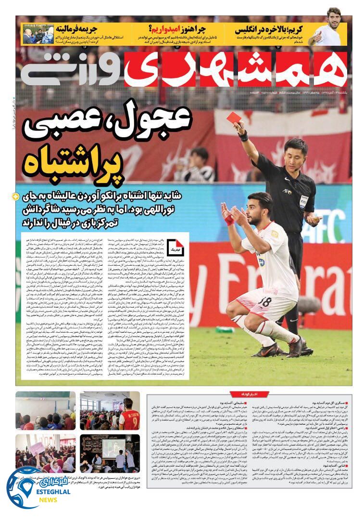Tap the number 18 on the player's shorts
[264, 302]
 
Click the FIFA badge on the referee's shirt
[303, 200]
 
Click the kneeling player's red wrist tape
[228, 220]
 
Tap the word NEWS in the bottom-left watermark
[48, 500]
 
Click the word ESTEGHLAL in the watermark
[50, 492]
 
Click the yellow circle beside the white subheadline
[15, 196]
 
